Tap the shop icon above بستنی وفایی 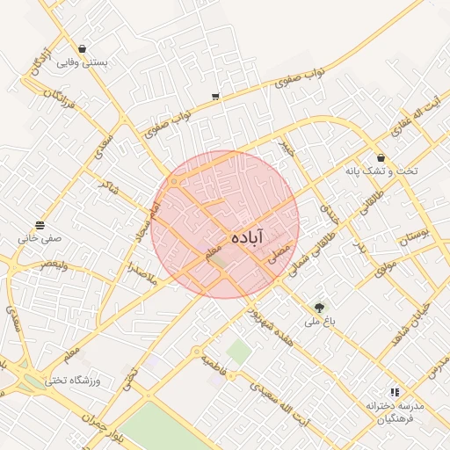pyautogui.click(x=82, y=49)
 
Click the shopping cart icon pyautogui.click(x=215, y=97)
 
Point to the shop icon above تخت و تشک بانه pyautogui.click(x=381, y=157)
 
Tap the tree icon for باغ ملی pyautogui.click(x=319, y=308)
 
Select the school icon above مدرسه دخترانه pyautogui.click(x=395, y=392)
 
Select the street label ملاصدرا pyautogui.click(x=141, y=270)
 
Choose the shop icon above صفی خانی pyautogui.click(x=40, y=225)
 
